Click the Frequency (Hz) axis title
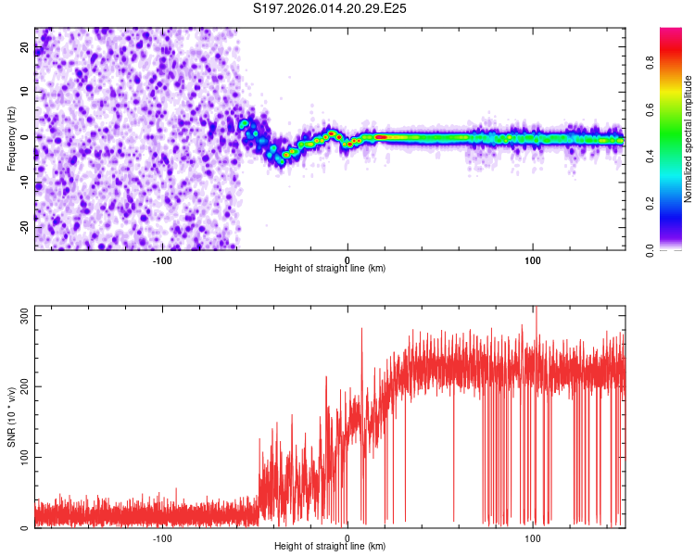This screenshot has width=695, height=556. [x=11, y=139]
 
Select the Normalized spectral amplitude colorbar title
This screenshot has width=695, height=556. [x=689, y=139]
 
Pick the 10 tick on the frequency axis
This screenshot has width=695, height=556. [x=25, y=93]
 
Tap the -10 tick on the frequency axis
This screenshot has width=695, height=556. [x=25, y=183]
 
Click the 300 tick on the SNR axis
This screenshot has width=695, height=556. [x=25, y=316]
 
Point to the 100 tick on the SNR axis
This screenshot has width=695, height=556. [x=25, y=458]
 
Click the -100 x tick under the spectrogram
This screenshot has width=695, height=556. [x=162, y=259]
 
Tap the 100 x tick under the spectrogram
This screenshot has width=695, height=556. [x=533, y=259]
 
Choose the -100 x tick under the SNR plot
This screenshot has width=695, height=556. [x=162, y=537]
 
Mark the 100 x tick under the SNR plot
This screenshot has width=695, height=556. [x=533, y=537]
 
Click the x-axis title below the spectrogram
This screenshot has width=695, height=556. [x=330, y=268]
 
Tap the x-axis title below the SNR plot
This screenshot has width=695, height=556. [x=330, y=546]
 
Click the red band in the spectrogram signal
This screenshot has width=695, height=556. [x=381, y=137]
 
